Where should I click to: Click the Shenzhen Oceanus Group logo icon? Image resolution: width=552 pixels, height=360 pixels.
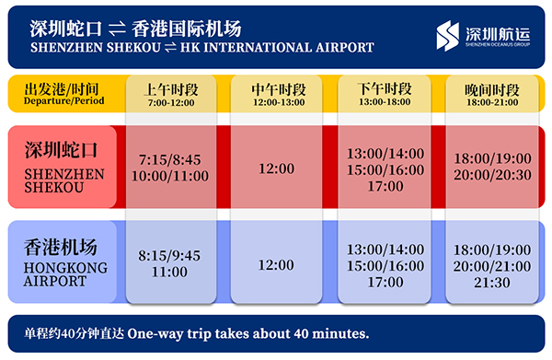point(447,36)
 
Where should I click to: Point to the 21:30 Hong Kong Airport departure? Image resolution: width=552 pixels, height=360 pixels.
point(492,283)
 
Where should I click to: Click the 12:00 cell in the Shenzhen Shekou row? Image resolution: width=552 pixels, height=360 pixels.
point(276,168)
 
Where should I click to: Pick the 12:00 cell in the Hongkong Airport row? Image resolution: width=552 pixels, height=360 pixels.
point(276,265)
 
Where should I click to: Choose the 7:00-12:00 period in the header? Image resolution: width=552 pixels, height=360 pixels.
point(171,103)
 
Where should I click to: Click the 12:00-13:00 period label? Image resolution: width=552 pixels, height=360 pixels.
point(279,102)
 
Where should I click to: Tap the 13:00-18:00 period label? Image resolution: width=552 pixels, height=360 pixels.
point(385,102)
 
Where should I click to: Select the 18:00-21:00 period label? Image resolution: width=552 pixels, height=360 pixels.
point(492,102)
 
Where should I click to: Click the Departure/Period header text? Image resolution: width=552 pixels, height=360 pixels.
point(63,101)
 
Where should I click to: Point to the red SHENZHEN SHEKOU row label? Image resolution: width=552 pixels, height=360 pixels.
point(63,167)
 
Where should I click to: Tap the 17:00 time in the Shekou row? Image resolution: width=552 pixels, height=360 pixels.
point(385,186)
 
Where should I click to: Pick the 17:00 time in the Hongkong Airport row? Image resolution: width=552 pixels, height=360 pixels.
point(385,282)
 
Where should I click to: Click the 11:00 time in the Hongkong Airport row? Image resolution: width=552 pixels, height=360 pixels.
point(169,272)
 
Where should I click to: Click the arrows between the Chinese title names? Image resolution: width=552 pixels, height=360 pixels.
point(117,29)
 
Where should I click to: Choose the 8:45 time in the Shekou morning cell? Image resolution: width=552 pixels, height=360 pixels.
point(187,160)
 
